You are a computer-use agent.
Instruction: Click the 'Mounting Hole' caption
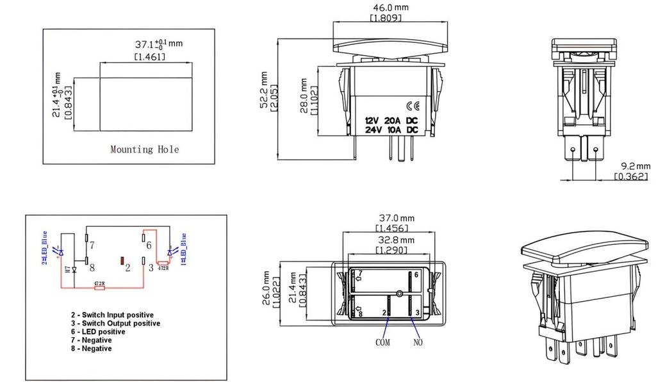pyautogui.click(x=144, y=149)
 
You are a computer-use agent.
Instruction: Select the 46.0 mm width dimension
pyautogui.click(x=386, y=8)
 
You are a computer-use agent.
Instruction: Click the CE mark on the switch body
pyautogui.click(x=413, y=106)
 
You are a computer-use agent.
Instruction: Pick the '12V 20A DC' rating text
pyautogui.click(x=391, y=120)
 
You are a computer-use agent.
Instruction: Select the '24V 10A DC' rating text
pyautogui.click(x=391, y=129)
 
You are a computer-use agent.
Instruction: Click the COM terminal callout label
pyautogui.click(x=382, y=342)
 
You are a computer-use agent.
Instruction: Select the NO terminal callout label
pyautogui.click(x=419, y=342)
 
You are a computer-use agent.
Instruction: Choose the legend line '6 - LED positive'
pyautogui.click(x=97, y=332)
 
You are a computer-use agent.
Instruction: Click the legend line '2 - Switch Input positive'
pyautogui.click(x=111, y=315)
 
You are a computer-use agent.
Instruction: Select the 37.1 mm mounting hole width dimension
pyautogui.click(x=158, y=44)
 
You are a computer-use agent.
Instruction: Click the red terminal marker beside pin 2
pyautogui.click(x=122, y=261)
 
